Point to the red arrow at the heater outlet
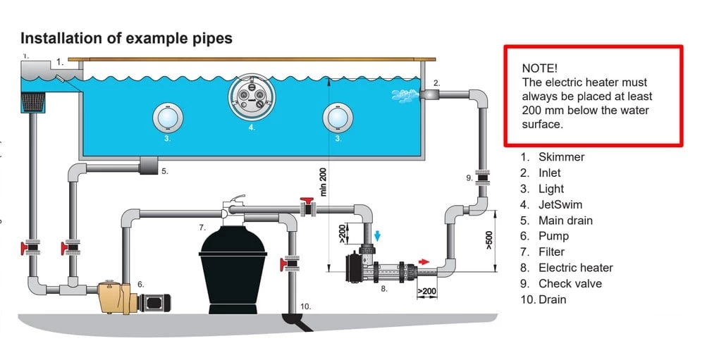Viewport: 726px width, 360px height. click(424, 261)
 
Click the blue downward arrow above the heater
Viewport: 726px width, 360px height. click(377, 235)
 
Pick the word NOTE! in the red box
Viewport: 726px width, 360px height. click(539, 68)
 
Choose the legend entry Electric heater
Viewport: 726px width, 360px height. click(575, 268)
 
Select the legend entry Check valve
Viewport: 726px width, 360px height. click(570, 284)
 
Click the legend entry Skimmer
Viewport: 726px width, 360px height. click(561, 157)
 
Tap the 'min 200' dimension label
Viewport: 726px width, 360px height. click(324, 182)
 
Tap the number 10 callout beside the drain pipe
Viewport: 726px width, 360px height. click(305, 306)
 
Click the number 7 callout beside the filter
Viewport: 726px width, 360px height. click(202, 228)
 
